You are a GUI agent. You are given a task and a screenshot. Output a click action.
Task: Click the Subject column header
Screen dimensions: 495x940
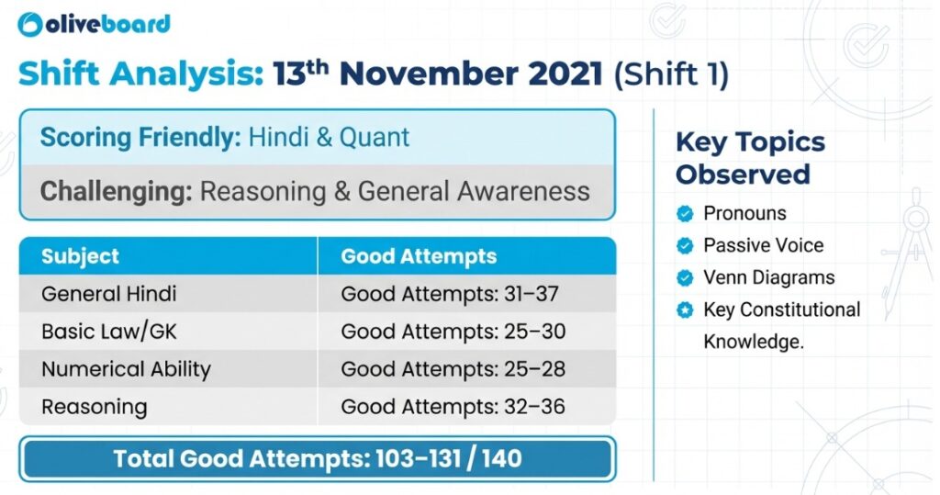80,256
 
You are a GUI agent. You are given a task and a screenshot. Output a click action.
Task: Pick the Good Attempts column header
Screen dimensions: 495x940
419,256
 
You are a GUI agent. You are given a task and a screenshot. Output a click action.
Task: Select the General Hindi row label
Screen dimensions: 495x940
109,295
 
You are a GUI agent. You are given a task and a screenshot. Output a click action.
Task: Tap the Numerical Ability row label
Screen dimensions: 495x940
126,369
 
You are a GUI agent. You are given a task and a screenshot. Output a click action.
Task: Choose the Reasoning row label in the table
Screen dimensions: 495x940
94,407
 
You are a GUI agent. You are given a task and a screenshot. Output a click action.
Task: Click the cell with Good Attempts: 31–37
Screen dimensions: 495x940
450,295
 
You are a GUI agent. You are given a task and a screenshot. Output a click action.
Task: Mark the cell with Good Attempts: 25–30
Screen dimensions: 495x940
453,332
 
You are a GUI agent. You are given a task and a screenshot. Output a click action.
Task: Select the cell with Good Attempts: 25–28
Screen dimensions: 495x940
453,369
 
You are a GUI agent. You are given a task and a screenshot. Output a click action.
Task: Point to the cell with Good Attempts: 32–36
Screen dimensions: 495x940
453,407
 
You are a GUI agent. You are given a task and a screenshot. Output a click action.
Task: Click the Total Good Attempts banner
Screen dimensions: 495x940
318,458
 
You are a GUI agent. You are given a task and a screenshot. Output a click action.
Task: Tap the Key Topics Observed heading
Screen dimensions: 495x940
750,158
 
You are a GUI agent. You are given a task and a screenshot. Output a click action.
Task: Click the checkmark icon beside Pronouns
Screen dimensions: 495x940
684,214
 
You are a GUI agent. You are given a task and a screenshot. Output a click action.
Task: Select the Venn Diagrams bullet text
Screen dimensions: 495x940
768,277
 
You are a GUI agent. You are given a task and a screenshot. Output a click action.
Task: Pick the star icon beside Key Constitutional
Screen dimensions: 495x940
684,310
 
